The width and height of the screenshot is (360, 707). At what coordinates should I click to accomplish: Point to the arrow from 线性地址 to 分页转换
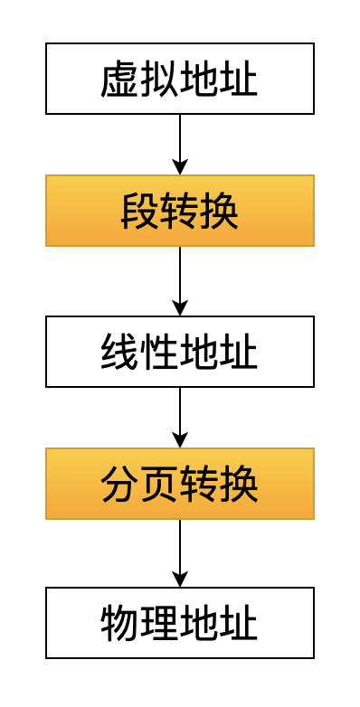180,416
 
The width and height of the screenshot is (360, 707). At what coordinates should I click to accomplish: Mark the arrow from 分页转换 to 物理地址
180,551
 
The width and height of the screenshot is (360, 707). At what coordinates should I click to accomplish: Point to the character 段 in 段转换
140,212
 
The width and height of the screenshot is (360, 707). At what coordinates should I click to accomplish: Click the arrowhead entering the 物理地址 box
180,580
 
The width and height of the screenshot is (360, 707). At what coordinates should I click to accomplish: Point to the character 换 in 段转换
220,212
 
